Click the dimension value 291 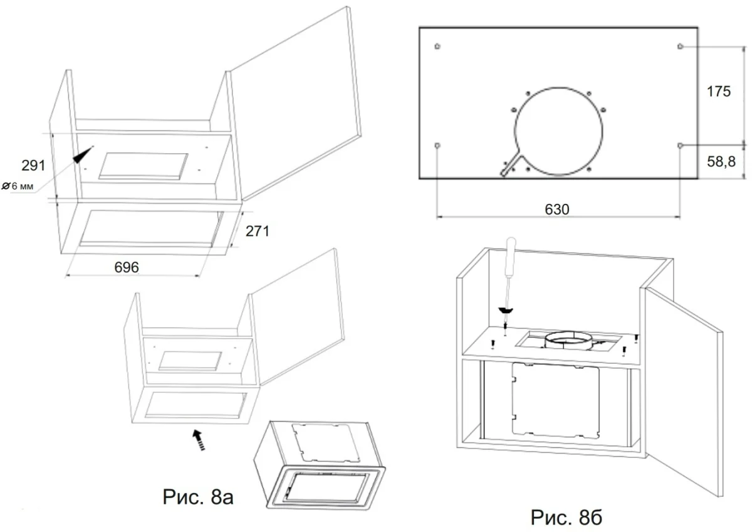[33, 166]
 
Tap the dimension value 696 [126, 267]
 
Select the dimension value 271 [257, 231]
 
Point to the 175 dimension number [718, 92]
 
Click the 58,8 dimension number [721, 162]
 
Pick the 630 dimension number [557, 210]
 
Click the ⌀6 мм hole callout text [18, 186]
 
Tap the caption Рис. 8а [198, 497]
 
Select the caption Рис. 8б [567, 518]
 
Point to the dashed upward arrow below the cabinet [199, 439]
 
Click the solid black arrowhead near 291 [82, 156]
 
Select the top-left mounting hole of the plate [437, 46]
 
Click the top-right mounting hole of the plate [680, 46]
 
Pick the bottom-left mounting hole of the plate [437, 146]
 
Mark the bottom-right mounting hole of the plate [680, 146]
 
